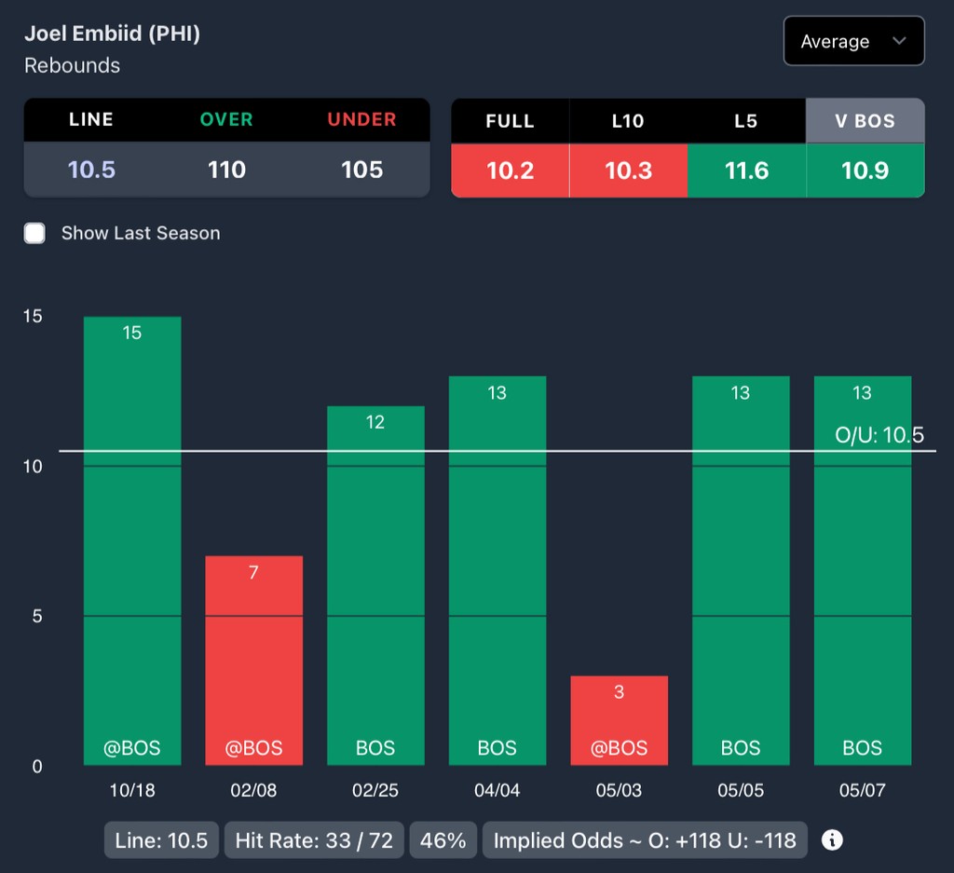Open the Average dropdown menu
coord(853,41)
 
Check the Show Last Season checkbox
coord(34,233)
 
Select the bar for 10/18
coord(132,540)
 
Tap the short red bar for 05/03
coord(619,720)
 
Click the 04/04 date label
coord(497,791)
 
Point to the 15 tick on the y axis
coord(33,317)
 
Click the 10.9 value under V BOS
coord(865,170)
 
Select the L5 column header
coord(745,121)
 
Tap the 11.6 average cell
coord(745,170)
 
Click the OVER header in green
coord(226,119)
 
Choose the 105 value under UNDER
coord(361,170)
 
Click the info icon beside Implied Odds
coord(832,840)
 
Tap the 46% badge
coord(443,840)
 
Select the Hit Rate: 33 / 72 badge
coord(314,840)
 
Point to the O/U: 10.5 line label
coord(879,435)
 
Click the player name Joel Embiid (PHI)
coord(112,34)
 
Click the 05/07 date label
coord(862,791)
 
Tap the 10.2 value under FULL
coord(510,170)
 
